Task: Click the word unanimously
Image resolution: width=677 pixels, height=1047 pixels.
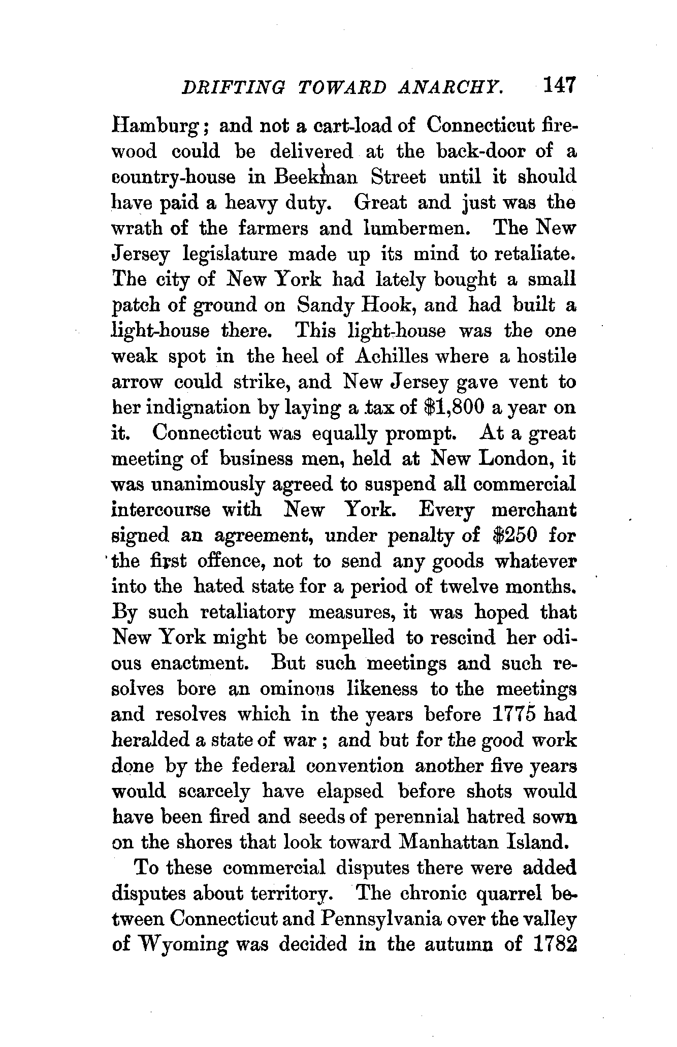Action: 211,485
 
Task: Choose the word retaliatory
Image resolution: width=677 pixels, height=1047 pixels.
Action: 248,613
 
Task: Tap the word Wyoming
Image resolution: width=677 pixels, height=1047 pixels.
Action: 178,945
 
